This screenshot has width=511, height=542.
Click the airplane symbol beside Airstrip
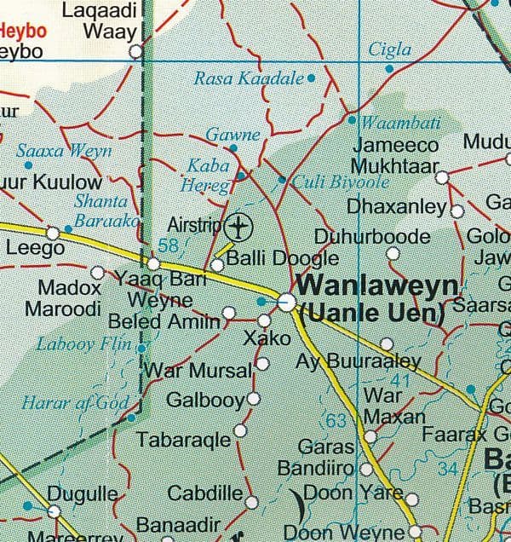pos(241,228)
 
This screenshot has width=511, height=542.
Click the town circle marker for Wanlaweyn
pos(287,302)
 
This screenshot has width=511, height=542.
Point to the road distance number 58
pos(169,246)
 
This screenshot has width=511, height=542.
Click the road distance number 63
pos(337,420)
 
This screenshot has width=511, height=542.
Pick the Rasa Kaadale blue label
pos(249,79)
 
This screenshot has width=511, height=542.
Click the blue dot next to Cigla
pos(389,67)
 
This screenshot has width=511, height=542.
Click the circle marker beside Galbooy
pos(253,399)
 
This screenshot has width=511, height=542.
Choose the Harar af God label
pos(76,402)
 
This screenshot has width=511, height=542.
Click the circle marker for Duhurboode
pos(393,253)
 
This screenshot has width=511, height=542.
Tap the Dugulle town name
pos(83,493)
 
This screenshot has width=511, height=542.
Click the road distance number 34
pos(448,468)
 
